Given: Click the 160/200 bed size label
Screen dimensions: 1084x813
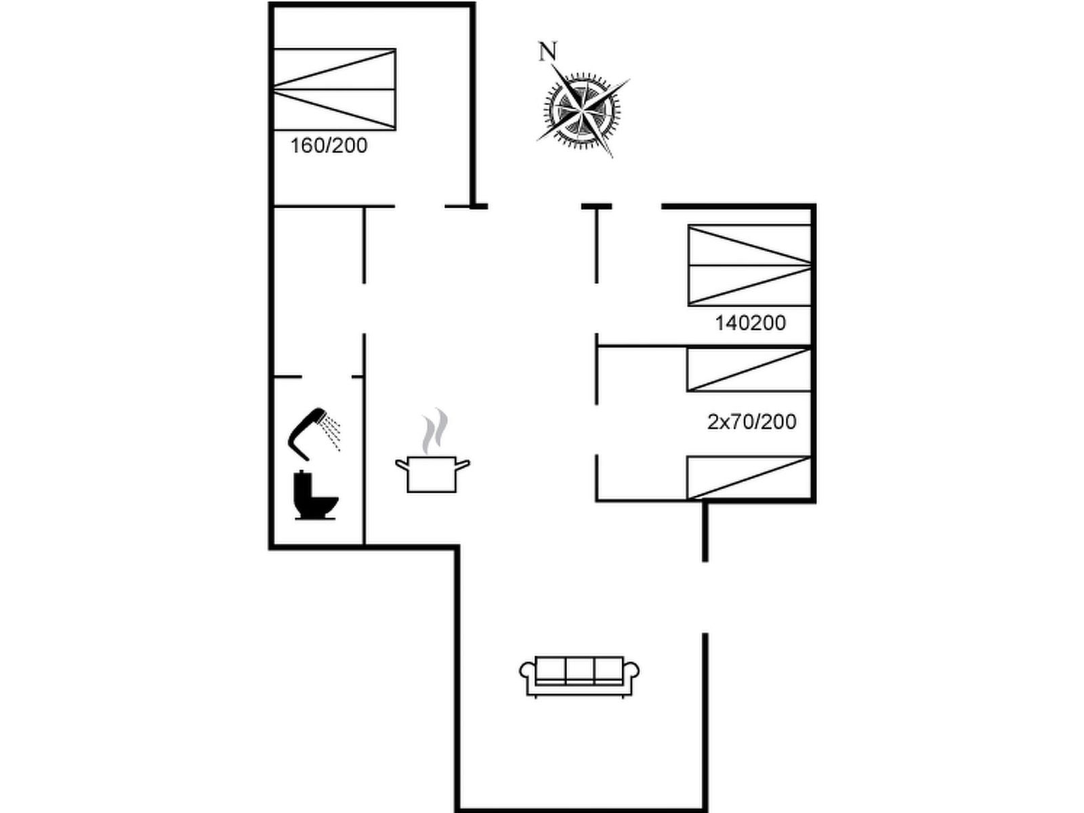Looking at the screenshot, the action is click(x=329, y=146).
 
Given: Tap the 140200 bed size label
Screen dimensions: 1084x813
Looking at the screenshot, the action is click(x=750, y=323).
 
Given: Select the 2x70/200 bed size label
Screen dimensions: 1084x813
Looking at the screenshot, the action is click(x=751, y=421).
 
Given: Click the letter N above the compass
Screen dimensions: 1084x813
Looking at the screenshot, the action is click(x=547, y=51).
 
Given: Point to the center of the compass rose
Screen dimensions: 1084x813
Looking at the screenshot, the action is click(x=583, y=110).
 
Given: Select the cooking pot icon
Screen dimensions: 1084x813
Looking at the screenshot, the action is click(x=433, y=474).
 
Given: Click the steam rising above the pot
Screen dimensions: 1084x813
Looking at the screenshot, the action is click(x=434, y=430).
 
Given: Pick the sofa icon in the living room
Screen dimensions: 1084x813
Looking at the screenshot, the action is click(x=579, y=675).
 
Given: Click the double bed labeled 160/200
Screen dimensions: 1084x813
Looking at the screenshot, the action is click(x=335, y=89).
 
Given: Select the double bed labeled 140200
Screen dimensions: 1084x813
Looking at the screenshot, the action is click(x=750, y=265).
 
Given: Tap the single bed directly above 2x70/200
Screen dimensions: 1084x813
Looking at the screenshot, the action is click(x=749, y=370).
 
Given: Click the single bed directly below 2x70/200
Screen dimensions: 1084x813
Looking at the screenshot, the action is click(x=749, y=478).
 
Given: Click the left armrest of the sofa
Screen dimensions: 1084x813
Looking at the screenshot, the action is click(x=527, y=672).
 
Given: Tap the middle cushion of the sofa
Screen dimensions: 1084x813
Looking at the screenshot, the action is click(x=579, y=669).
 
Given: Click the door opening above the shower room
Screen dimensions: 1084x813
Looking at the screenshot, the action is click(x=327, y=377).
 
